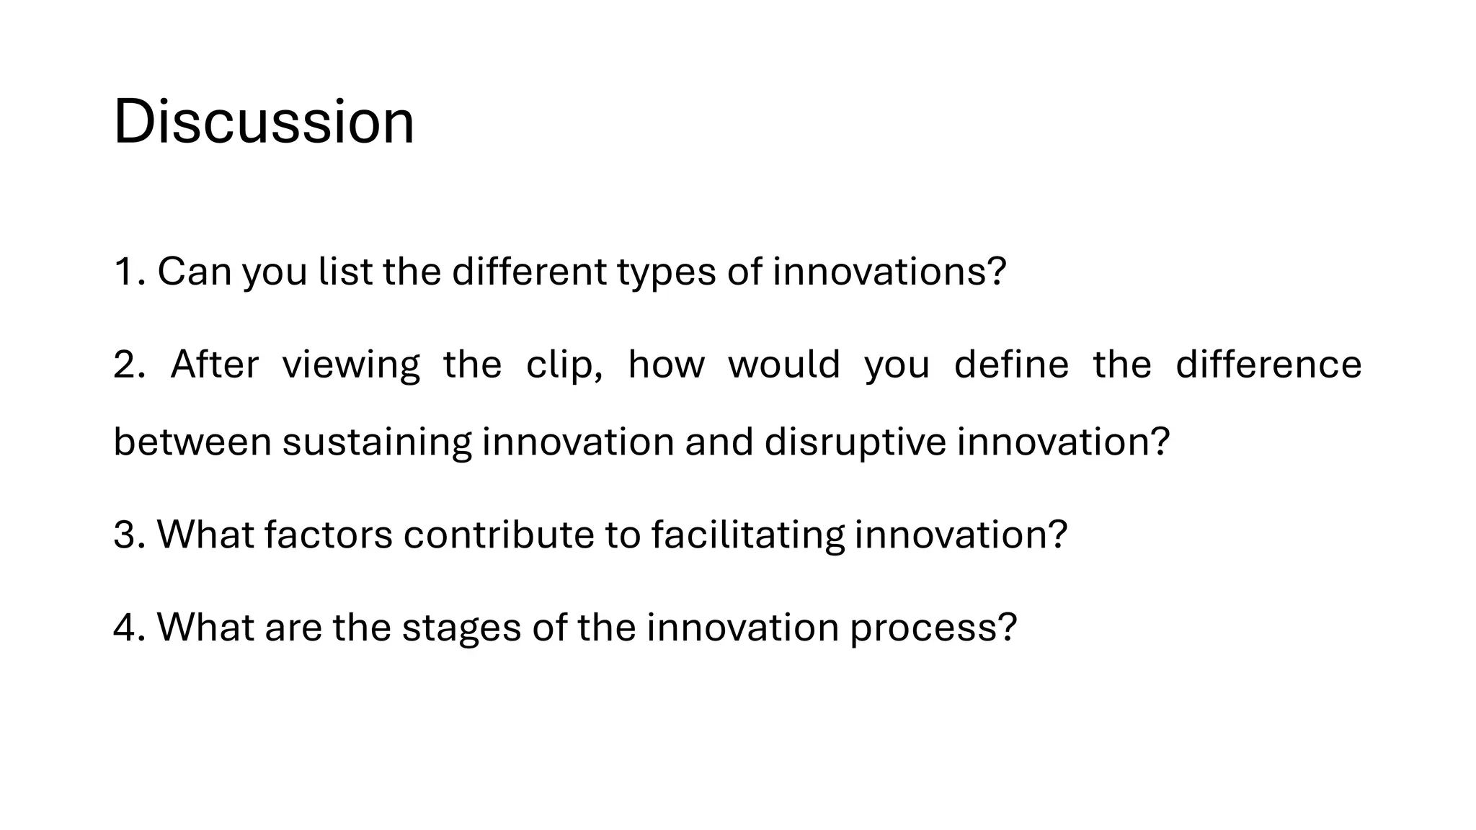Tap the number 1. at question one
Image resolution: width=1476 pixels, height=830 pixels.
[x=130, y=272]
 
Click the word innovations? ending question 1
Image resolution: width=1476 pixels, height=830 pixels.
[x=889, y=272]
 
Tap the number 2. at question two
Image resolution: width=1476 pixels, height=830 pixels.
[x=130, y=365]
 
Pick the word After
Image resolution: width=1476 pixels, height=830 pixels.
[x=215, y=365]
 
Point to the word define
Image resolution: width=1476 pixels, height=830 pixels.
[x=1011, y=365]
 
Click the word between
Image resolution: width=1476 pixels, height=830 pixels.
[x=192, y=442]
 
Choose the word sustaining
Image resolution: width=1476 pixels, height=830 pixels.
[x=377, y=443]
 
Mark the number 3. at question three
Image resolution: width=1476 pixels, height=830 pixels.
[x=130, y=535]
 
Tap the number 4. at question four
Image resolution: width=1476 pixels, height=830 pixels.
[x=130, y=627]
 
